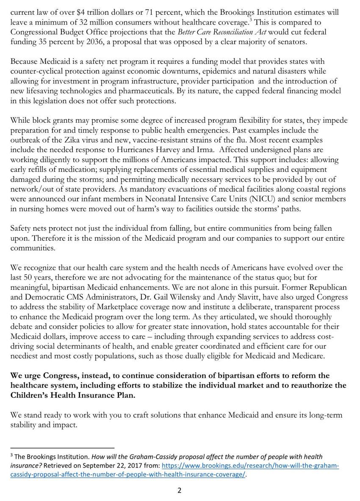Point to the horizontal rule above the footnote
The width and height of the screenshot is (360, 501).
62,447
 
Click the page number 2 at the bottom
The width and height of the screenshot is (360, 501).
179,491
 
